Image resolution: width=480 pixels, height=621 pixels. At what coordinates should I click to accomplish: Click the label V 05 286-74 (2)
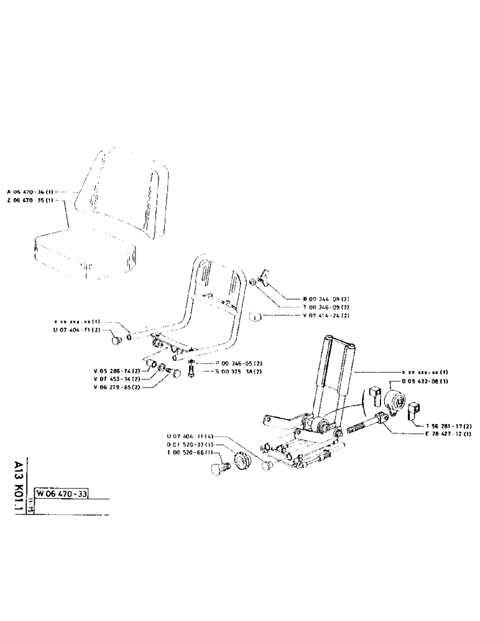(x=117, y=370)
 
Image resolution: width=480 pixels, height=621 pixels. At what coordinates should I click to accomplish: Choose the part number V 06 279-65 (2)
(x=117, y=386)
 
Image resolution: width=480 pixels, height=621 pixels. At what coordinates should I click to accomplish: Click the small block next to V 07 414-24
(x=255, y=317)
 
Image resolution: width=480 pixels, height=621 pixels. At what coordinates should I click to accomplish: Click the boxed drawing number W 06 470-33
(x=62, y=494)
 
